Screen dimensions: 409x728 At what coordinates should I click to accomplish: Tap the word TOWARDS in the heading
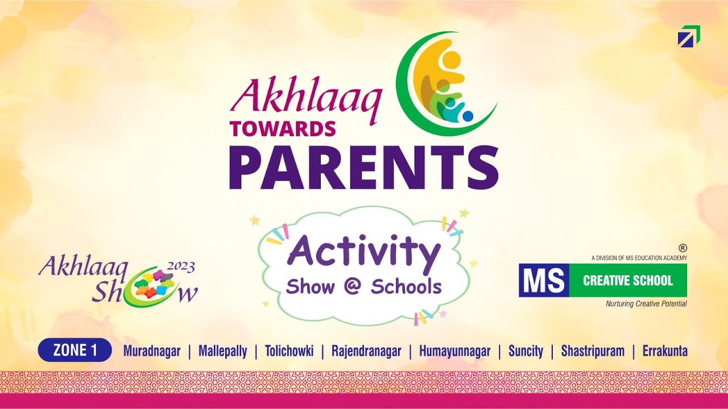coord(283,129)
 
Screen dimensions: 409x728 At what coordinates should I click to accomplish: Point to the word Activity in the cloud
coord(364,253)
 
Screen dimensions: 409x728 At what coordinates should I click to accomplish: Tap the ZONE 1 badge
coord(75,350)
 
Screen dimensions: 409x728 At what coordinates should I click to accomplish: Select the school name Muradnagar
coord(152,351)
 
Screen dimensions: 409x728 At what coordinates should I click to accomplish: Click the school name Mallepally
coord(222,351)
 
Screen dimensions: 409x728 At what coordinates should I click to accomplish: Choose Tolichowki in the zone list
coord(289,351)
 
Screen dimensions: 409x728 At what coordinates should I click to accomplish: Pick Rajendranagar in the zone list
coord(366,351)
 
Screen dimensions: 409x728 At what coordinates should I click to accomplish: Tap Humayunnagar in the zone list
coord(454,351)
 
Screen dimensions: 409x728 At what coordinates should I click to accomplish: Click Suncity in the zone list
coord(526,351)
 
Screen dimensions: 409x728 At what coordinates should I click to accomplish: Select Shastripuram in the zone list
coord(593,351)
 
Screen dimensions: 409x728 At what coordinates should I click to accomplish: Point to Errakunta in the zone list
coord(665,351)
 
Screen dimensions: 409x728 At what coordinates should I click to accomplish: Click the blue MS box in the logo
coord(544,280)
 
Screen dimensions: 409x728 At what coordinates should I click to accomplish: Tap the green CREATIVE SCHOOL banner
coord(628,280)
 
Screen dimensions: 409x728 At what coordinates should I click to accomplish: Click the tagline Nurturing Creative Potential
coord(646,304)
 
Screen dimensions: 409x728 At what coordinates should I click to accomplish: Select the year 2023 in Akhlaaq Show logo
coord(181,266)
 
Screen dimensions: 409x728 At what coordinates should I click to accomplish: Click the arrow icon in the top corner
coord(689,36)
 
